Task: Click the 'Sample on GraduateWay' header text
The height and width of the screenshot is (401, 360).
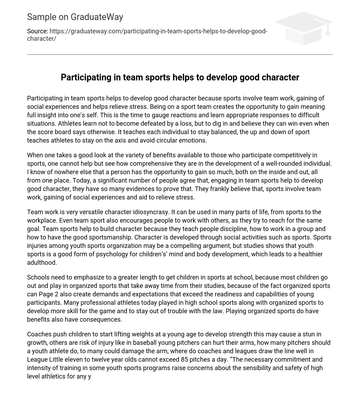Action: pyautogui.click(x=75, y=17)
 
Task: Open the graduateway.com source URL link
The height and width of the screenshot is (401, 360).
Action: pyautogui.click(x=158, y=32)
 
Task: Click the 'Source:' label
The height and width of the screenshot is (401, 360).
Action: pyautogui.click(x=37, y=32)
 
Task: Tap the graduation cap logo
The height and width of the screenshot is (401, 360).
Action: pyautogui.click(x=303, y=28)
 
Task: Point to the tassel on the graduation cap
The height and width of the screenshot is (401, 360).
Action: pyautogui.click(x=328, y=32)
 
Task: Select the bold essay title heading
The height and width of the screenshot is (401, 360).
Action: pyautogui.click(x=180, y=77)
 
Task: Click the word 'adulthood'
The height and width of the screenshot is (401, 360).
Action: pyautogui.click(x=42, y=263)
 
